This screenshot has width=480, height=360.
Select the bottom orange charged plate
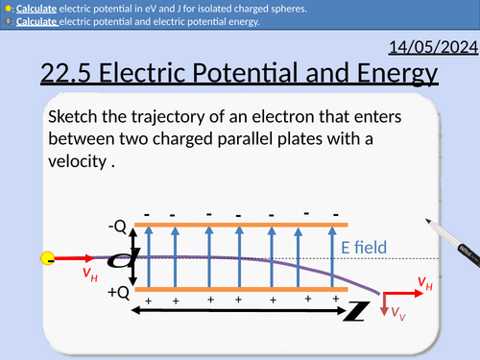click(235, 288)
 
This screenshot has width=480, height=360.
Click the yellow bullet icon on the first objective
click(9, 8)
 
